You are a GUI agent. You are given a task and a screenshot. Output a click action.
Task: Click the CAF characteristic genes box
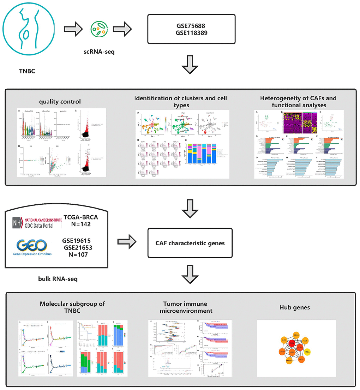point(190,243)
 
